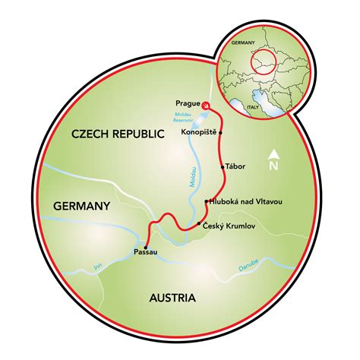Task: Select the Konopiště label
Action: tap(199, 130)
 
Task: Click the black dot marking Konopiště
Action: tap(220, 131)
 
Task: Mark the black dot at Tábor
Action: tap(222, 166)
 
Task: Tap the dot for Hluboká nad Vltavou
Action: tap(206, 201)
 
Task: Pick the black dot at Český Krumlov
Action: tap(199, 223)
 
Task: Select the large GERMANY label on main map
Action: tap(81, 205)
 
